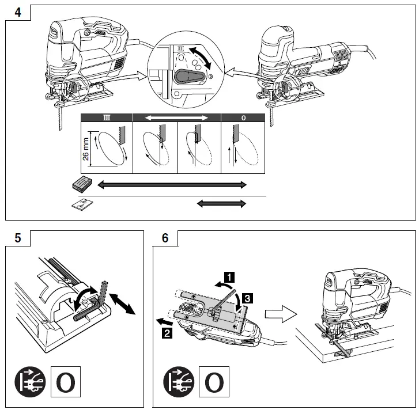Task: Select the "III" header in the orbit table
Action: click(x=107, y=117)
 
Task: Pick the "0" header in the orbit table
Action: click(x=244, y=117)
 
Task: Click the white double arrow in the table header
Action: click(x=177, y=117)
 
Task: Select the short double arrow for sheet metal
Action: click(x=221, y=203)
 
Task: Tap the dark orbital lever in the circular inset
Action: click(x=191, y=77)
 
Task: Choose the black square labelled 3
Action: click(x=246, y=298)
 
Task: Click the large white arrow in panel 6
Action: click(x=280, y=316)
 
